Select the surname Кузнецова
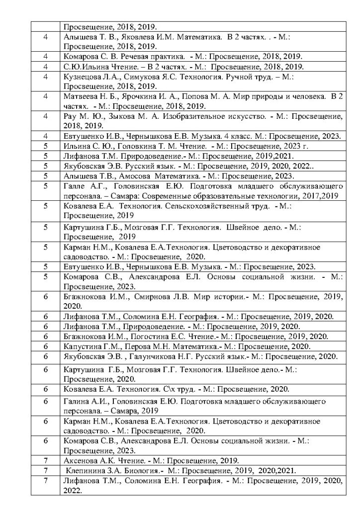click(80, 77)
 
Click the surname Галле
click(73, 186)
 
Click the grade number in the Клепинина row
click(45, 470)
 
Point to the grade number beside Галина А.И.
click(45, 401)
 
